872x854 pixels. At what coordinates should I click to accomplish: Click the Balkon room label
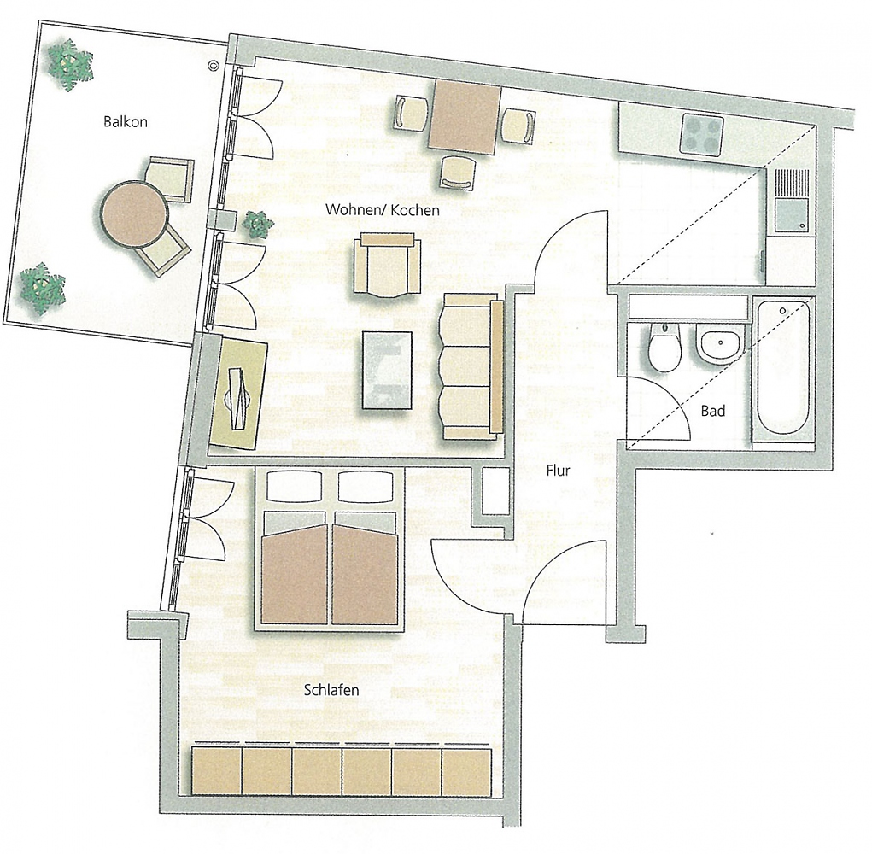pyautogui.click(x=126, y=122)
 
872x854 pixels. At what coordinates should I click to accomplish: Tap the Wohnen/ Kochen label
pyautogui.click(x=382, y=209)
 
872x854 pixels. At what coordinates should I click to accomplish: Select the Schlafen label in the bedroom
pyautogui.click(x=331, y=690)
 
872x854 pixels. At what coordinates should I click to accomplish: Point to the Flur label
pyautogui.click(x=558, y=471)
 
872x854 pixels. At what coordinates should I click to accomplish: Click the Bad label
pyautogui.click(x=712, y=411)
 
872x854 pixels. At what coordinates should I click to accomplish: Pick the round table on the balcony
pyautogui.click(x=133, y=213)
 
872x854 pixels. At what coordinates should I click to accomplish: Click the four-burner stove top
pyautogui.click(x=702, y=134)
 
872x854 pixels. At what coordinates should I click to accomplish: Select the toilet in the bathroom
pyautogui.click(x=664, y=348)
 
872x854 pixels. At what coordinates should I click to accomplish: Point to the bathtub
pyautogui.click(x=782, y=369)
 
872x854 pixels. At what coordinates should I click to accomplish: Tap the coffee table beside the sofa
pyautogui.click(x=387, y=371)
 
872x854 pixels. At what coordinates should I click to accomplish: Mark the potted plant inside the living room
pyautogui.click(x=258, y=225)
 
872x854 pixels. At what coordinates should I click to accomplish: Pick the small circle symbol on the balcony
pyautogui.click(x=213, y=66)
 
